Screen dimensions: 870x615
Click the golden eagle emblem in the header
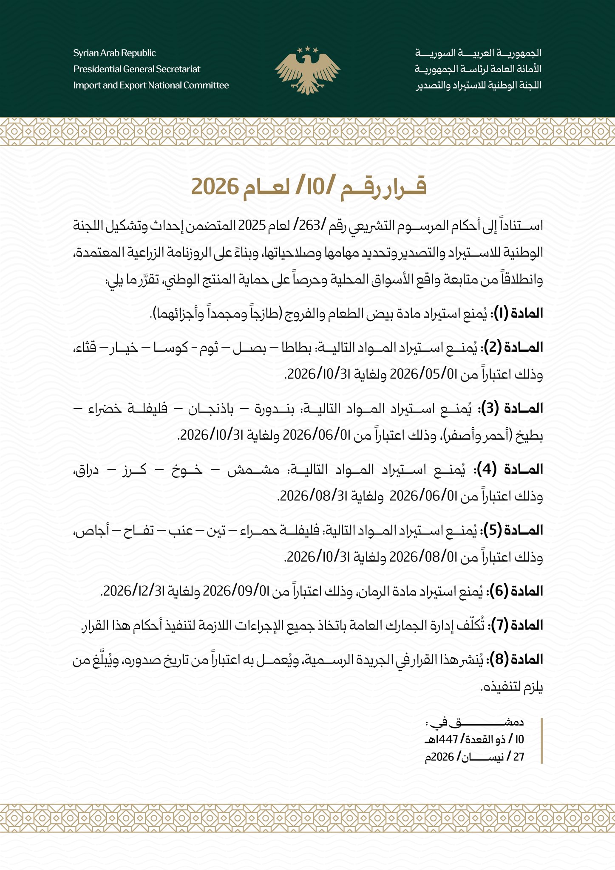pos(307,70)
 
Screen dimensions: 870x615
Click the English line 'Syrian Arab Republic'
pos(114,53)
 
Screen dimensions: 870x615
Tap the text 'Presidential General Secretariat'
pos(136,69)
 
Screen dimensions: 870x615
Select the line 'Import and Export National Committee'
pos(151,85)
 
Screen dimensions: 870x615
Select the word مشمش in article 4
pos(253,470)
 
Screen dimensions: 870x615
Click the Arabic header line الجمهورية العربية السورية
pos(478,53)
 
